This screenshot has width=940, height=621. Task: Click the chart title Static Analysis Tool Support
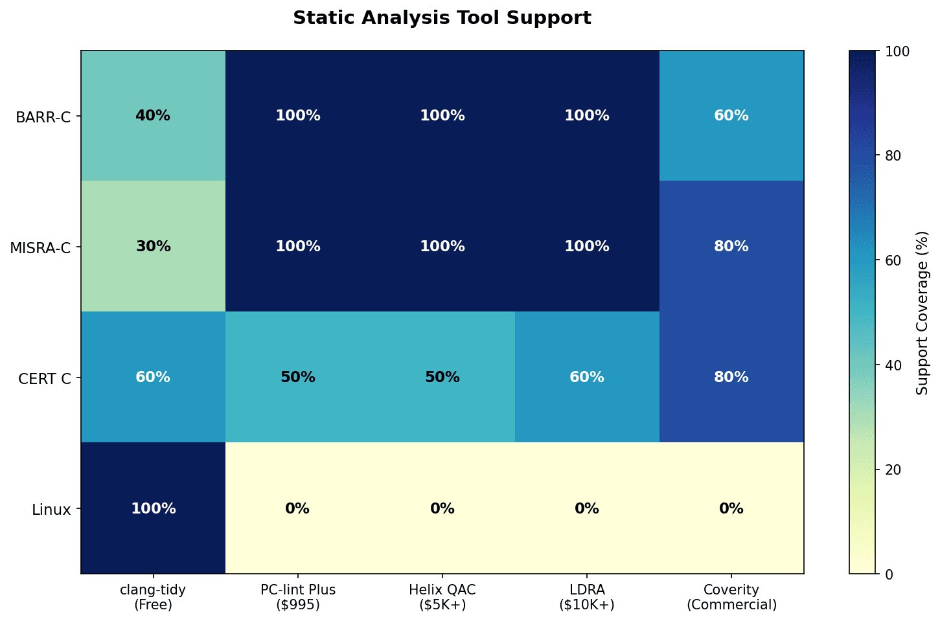click(x=442, y=18)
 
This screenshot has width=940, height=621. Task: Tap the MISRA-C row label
click(x=41, y=248)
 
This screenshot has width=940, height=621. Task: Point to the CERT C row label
click(x=45, y=379)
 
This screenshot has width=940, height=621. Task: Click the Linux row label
click(x=51, y=510)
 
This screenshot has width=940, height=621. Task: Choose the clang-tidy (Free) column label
click(x=153, y=597)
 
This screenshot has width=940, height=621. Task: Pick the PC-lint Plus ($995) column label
click(x=298, y=597)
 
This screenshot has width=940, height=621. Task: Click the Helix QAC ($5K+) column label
click(x=442, y=597)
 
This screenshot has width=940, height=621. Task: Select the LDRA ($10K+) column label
click(x=587, y=597)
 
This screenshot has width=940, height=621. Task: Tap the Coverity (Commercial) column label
click(x=731, y=597)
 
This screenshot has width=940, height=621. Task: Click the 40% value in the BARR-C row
click(x=153, y=116)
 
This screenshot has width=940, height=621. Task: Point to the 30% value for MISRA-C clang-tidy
click(x=153, y=247)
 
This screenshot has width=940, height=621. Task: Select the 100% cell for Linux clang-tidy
click(x=153, y=508)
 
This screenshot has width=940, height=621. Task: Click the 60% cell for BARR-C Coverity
click(x=731, y=116)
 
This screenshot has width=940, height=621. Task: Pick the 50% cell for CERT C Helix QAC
click(x=442, y=378)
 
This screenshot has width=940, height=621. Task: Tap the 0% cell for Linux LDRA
click(x=587, y=508)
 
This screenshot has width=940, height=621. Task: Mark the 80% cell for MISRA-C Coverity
click(x=731, y=247)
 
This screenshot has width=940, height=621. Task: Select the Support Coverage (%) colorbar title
click(x=923, y=313)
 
